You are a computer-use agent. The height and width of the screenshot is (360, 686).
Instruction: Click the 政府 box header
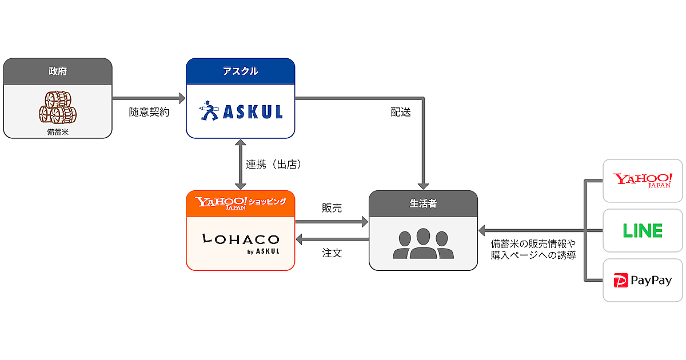point(57,71)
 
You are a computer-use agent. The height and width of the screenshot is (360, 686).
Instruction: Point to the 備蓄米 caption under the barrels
point(57,131)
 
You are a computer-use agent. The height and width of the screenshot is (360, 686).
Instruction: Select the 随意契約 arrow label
point(149,113)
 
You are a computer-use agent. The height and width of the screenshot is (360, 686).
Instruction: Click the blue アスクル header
point(240,71)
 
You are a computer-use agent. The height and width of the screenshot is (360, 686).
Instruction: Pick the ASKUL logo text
point(252,112)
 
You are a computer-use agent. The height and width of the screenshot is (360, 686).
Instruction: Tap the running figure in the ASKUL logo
point(209,111)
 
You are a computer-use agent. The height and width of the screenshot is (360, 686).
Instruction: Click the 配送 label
point(401,113)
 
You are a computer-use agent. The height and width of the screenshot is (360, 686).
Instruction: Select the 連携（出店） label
point(274,165)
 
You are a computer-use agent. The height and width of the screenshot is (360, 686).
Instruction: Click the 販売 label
point(332,208)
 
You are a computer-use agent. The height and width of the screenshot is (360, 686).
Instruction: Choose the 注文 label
point(332,253)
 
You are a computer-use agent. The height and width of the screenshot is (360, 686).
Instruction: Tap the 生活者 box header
point(423,203)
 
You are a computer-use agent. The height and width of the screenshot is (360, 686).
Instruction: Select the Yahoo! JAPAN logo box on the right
point(643,181)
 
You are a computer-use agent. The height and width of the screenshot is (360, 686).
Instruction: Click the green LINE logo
point(643,230)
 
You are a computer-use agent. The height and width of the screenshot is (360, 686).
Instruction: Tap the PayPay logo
point(643,281)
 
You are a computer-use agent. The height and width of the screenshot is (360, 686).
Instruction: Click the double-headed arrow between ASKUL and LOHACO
point(240,165)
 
